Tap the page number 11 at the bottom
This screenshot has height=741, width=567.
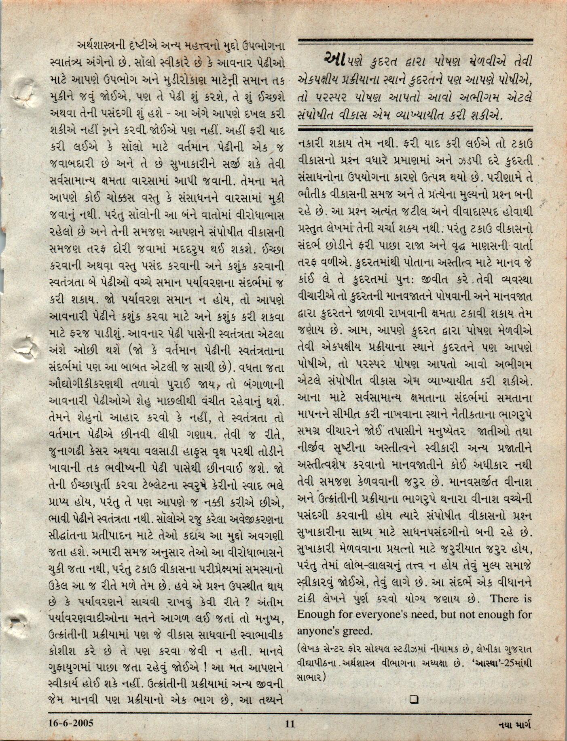click(290, 723)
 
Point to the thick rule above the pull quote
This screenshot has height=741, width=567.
click(415, 41)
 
